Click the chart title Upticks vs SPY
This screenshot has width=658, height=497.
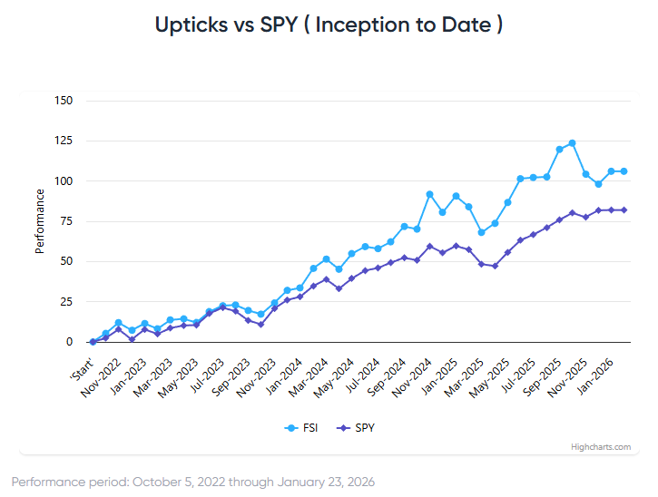[x=329, y=24]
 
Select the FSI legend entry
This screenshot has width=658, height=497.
[x=302, y=427]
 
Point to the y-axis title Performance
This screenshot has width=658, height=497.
[x=40, y=221]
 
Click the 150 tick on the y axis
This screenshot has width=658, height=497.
[x=64, y=101]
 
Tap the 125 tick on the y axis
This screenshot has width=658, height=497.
[x=64, y=141]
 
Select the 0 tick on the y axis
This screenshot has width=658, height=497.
[x=69, y=342]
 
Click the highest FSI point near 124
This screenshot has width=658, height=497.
[x=572, y=143]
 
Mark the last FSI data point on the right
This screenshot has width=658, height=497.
[x=624, y=171]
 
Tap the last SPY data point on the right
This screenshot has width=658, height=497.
[x=624, y=210]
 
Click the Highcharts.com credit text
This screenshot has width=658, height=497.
[x=601, y=446]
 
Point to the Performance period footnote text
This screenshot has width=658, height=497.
[x=192, y=482]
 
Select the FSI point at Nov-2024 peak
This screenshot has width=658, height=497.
[x=429, y=194]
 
